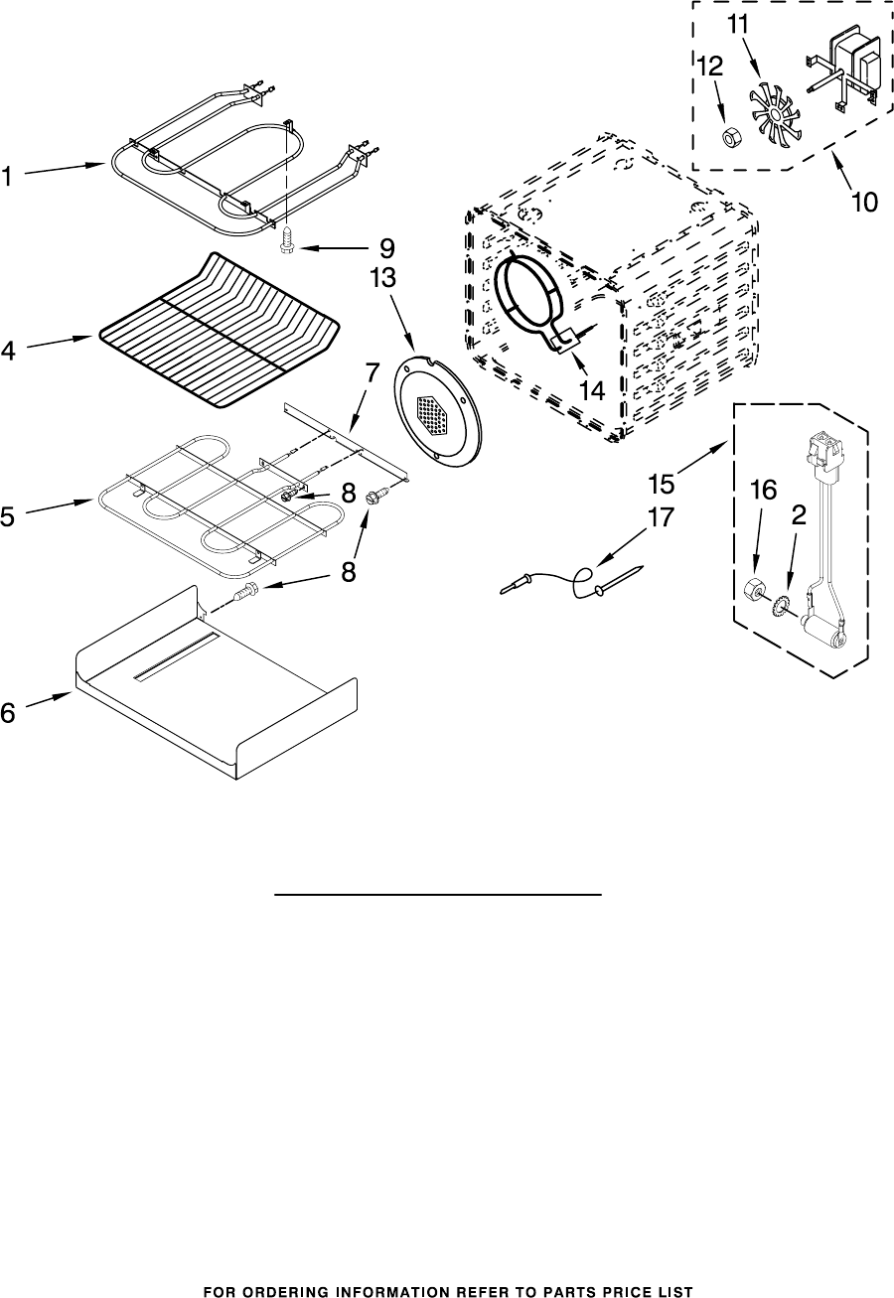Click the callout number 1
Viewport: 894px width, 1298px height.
click(x=9, y=178)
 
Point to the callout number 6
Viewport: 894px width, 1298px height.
click(x=9, y=712)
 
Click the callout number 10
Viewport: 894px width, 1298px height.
click(x=863, y=203)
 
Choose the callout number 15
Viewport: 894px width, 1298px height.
click(x=661, y=485)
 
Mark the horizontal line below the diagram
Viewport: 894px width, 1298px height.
click(x=438, y=894)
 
